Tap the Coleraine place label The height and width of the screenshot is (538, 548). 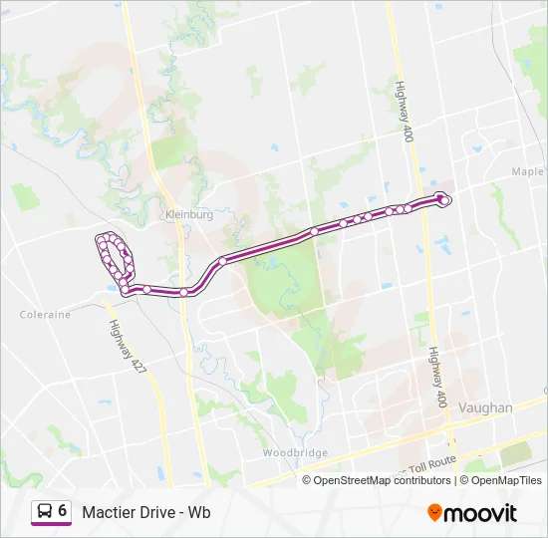(45, 314)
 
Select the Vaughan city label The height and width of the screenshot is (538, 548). (486, 407)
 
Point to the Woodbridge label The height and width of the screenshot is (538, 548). (296, 452)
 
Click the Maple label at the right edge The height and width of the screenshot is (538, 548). (528, 171)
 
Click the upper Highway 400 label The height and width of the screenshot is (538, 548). (405, 111)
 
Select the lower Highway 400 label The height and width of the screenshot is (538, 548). (436, 378)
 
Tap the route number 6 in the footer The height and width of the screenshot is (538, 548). (63, 511)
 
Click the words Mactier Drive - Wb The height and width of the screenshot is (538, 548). (146, 513)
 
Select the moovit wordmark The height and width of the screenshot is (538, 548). (480, 513)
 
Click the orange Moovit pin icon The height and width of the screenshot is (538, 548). (434, 513)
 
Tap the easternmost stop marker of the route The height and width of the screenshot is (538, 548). (444, 200)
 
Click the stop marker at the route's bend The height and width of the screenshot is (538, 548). (222, 261)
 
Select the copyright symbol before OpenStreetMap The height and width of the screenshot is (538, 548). (308, 480)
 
